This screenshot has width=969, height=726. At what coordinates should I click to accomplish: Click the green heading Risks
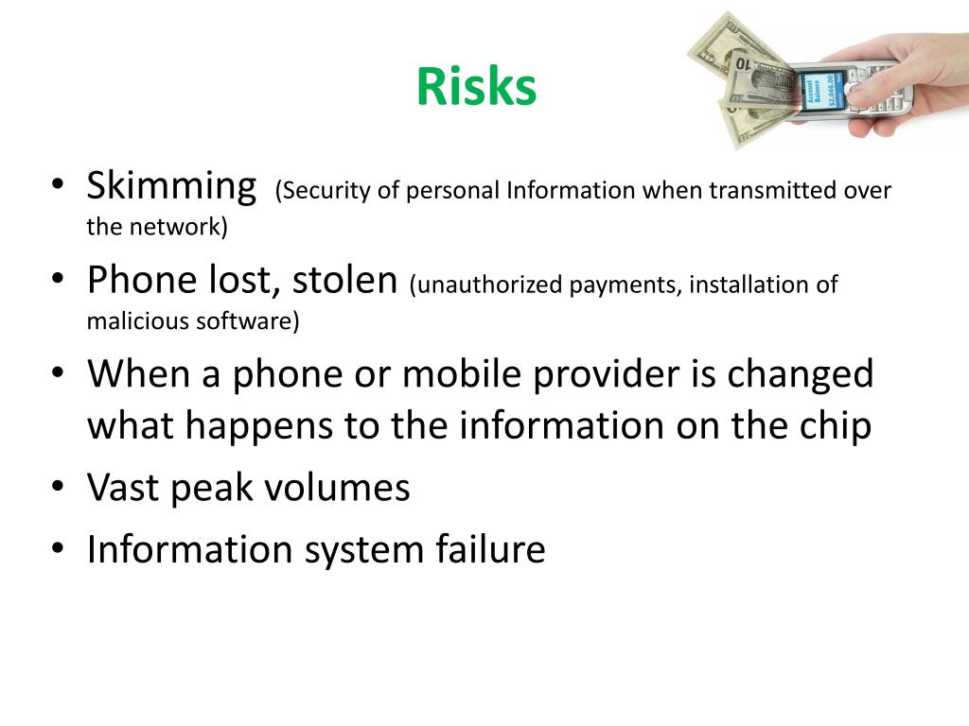pos(476,87)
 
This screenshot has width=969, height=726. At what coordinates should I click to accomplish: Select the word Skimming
pos(171,186)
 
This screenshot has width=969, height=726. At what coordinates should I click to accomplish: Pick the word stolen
pos(344,280)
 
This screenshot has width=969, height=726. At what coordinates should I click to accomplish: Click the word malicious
pos(137,321)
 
